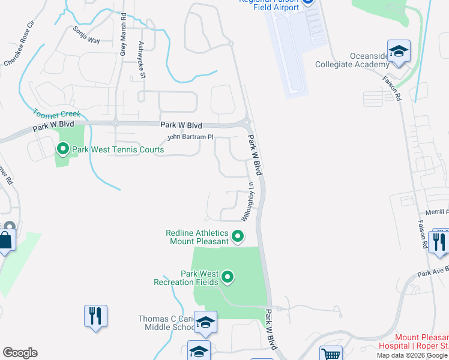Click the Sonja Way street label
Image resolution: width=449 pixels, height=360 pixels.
tap(86, 35)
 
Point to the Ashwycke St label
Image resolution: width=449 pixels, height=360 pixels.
tap(142, 61)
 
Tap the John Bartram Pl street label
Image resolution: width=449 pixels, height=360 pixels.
tap(190, 137)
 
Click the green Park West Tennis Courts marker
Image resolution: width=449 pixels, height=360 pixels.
tap(62, 148)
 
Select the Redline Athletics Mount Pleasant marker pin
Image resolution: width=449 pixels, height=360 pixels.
tap(238, 237)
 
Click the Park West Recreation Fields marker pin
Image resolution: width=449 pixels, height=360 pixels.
tap(228, 277)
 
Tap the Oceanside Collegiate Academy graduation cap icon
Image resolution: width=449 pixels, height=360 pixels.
tap(398, 52)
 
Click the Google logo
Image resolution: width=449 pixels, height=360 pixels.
tap(20, 353)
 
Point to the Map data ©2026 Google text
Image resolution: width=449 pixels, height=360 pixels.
tap(412, 355)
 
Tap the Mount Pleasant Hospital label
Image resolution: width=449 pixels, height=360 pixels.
tap(414, 342)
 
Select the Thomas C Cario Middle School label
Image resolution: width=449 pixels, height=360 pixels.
tap(166, 323)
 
